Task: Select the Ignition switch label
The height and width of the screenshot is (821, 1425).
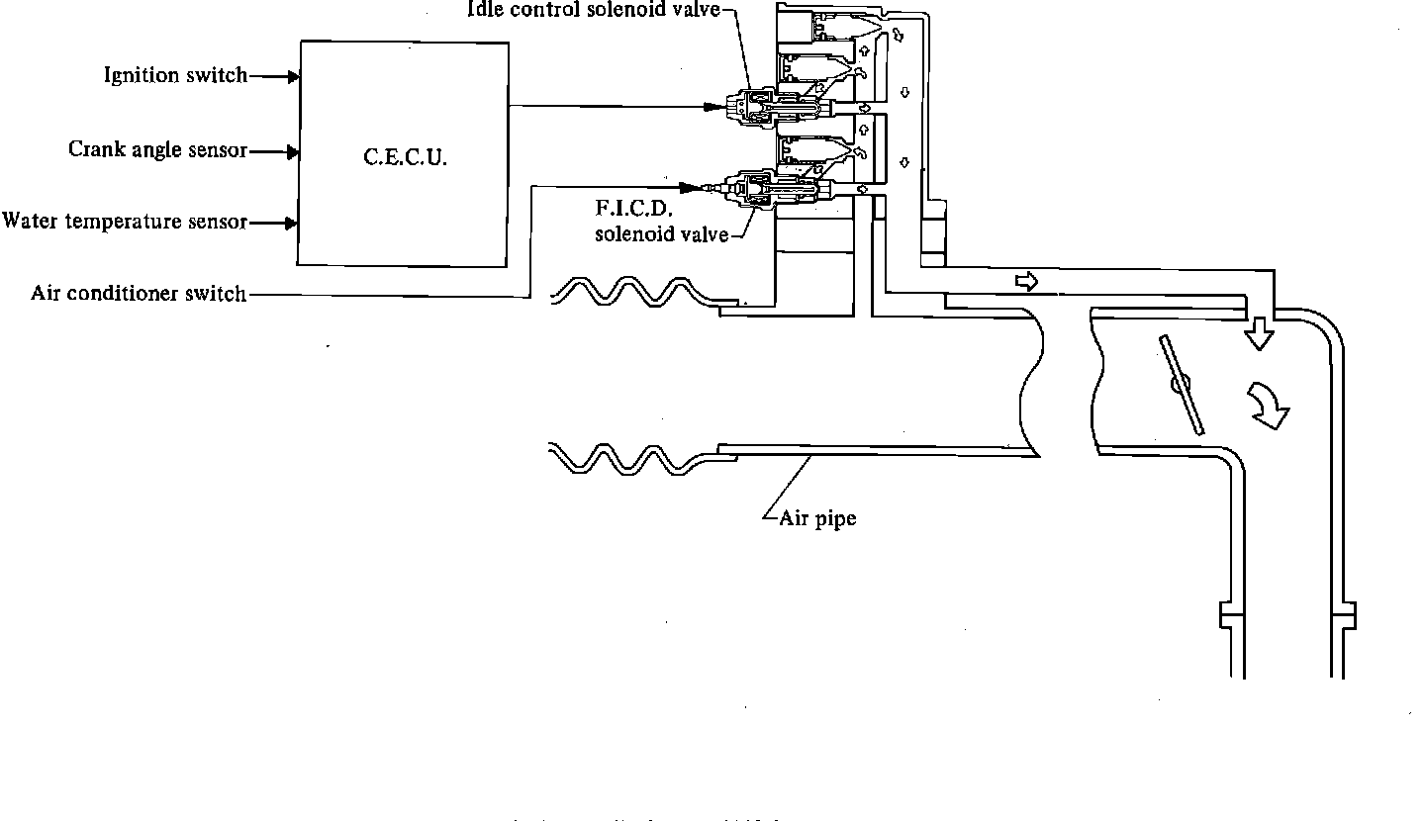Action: [x=176, y=75]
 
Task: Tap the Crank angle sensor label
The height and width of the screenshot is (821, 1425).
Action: [x=157, y=149]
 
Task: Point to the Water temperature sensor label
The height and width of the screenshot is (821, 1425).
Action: [x=125, y=222]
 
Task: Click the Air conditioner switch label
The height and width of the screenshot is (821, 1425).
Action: [x=139, y=294]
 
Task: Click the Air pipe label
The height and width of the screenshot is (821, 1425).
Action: [x=817, y=517]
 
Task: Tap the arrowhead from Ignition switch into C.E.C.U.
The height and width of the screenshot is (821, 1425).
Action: [x=293, y=75]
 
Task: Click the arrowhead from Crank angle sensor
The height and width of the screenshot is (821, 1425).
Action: [x=293, y=151]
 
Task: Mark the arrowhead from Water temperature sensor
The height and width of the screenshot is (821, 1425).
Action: [x=293, y=223]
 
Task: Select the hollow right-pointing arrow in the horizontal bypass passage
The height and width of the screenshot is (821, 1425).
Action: [x=1027, y=282]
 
